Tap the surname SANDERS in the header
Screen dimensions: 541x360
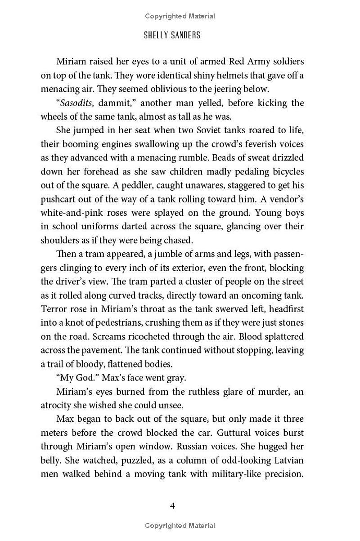[x=185, y=36]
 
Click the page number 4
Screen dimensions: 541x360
[x=172, y=506]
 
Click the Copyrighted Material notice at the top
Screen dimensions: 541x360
[x=180, y=16]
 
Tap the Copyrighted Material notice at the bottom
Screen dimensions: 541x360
[x=180, y=525]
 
